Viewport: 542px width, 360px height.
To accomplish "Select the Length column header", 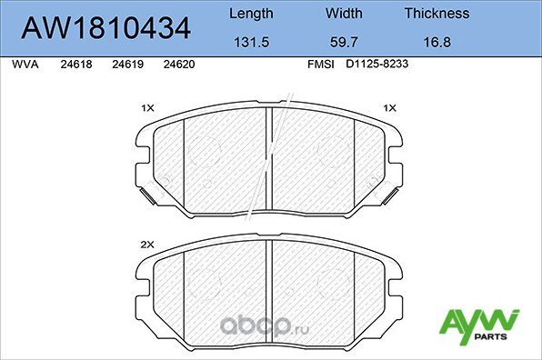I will pos(249,14).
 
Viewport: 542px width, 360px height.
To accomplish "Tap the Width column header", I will pos(344,14).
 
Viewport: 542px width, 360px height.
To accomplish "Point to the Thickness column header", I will pos(437,14).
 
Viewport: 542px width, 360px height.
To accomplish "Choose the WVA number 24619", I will pos(126,65).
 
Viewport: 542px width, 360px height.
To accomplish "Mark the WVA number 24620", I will pos(177,65).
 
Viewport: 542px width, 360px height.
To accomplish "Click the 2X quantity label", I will pos(147,244).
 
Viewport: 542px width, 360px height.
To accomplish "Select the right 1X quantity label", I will pos(390,108).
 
